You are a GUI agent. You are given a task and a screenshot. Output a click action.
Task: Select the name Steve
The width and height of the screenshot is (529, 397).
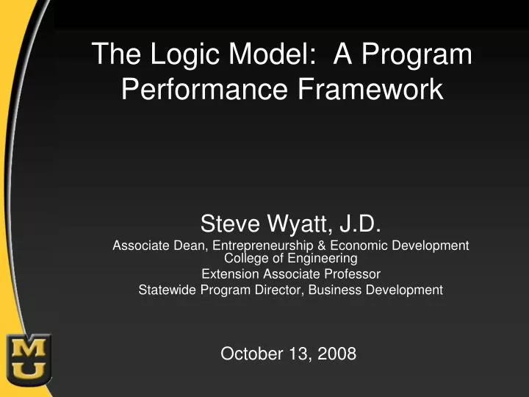(x=231, y=223)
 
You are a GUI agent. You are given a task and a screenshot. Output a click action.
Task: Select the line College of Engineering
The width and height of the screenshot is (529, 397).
(x=290, y=258)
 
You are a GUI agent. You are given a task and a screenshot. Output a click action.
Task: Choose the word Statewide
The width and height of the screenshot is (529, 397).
(x=166, y=290)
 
